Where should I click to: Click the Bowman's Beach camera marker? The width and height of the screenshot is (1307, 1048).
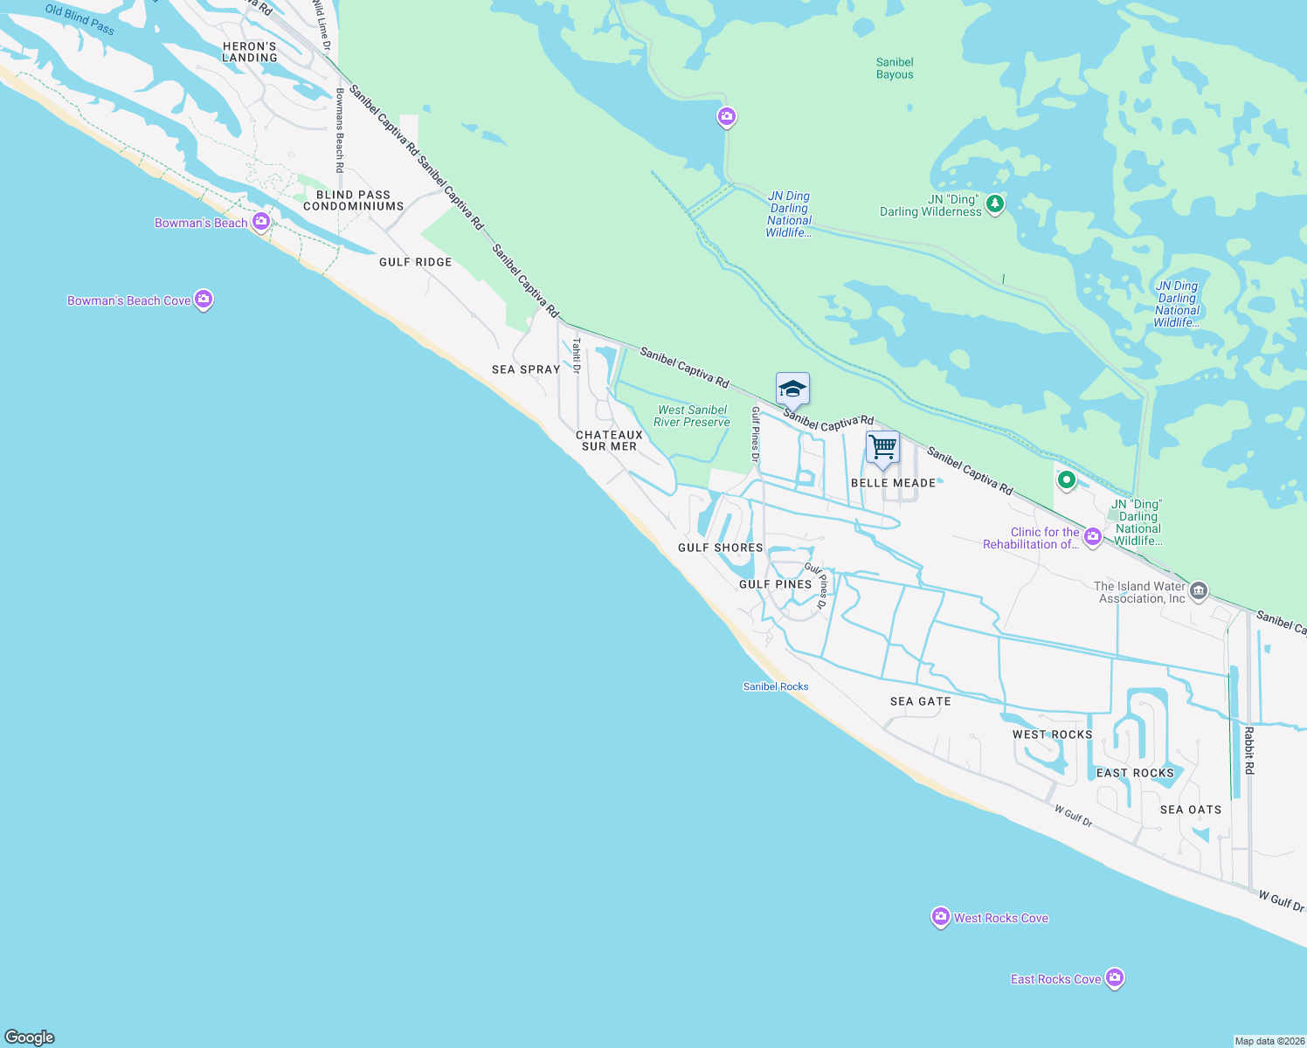[260, 222]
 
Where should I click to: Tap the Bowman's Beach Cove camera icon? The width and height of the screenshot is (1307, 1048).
[204, 300]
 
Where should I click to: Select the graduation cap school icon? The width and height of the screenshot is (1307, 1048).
[792, 388]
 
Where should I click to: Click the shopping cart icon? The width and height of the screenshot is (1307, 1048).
[882, 446]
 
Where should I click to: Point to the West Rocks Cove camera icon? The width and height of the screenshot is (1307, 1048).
[941, 917]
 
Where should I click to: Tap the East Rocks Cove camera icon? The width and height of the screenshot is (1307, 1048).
[1114, 978]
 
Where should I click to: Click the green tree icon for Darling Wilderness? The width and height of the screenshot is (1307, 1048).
[994, 204]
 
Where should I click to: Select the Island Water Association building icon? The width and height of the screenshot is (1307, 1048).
[1200, 591]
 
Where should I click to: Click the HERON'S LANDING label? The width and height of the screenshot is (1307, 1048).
[250, 52]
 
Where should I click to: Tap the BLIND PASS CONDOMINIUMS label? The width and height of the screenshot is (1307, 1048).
[354, 201]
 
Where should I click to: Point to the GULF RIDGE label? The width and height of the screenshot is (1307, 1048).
[416, 262]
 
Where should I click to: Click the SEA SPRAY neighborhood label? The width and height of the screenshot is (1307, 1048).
[526, 369]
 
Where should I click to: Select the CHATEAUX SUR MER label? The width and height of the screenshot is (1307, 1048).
[610, 440]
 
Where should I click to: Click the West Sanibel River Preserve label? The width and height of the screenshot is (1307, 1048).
[692, 416]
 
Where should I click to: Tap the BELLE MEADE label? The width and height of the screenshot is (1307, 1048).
[894, 483]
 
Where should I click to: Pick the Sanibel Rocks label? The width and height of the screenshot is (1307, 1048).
[776, 686]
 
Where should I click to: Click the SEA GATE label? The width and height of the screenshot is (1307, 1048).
[921, 701]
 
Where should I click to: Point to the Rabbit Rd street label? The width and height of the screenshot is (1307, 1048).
[1249, 750]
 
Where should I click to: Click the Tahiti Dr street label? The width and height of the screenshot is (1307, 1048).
[577, 355]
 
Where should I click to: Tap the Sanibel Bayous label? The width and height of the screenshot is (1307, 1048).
[895, 68]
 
